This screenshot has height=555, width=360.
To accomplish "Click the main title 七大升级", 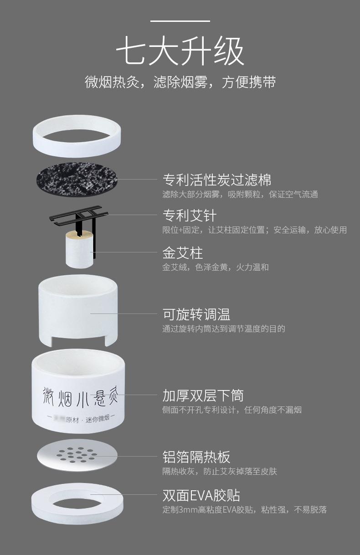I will tap(180, 51).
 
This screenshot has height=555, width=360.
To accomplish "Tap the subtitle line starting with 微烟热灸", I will tap(180, 82).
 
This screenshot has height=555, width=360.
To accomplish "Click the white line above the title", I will tap(180, 21).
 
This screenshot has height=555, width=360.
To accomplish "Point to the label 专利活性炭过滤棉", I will tap(217, 180).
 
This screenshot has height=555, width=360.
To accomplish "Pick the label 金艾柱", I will tap(183, 252).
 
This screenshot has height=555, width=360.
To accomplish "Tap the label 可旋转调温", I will tap(196, 314).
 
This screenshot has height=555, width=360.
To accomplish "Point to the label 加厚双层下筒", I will tap(203, 395).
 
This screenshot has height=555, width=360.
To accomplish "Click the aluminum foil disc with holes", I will tap(77, 455).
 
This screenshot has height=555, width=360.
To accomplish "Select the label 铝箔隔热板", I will tap(196, 457).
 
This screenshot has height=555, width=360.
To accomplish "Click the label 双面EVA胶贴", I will tap(201, 495).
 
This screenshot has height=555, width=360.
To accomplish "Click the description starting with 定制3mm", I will tap(244, 510).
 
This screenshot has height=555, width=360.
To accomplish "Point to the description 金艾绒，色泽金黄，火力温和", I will tap(216, 267).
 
